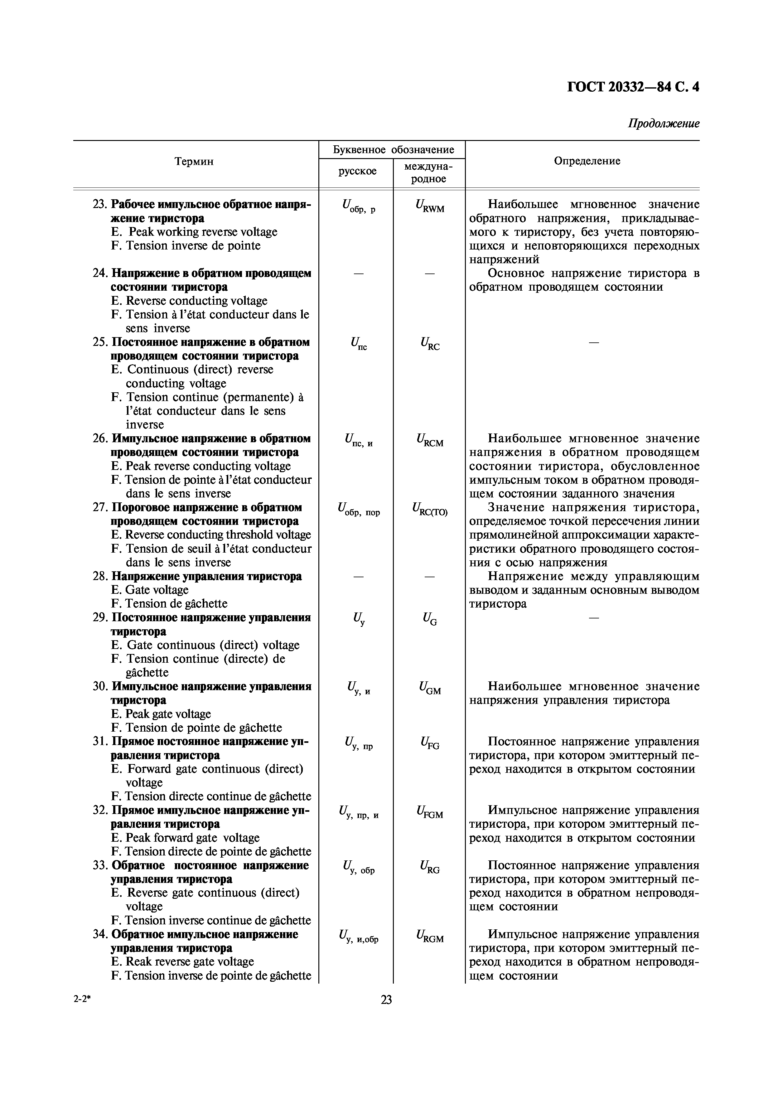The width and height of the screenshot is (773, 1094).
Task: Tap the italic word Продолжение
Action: [664, 124]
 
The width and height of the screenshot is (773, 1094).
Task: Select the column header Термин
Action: [194, 162]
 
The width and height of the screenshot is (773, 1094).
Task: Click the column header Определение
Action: [587, 161]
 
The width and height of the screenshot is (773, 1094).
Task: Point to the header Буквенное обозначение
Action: [393, 150]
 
